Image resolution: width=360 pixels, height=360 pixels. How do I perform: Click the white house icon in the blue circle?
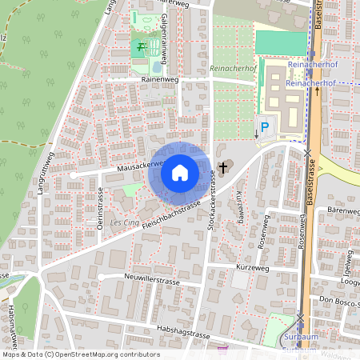tap(179, 171)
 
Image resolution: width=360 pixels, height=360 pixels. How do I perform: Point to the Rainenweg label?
tap(158, 80)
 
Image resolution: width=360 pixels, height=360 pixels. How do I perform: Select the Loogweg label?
tap(350, 282)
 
